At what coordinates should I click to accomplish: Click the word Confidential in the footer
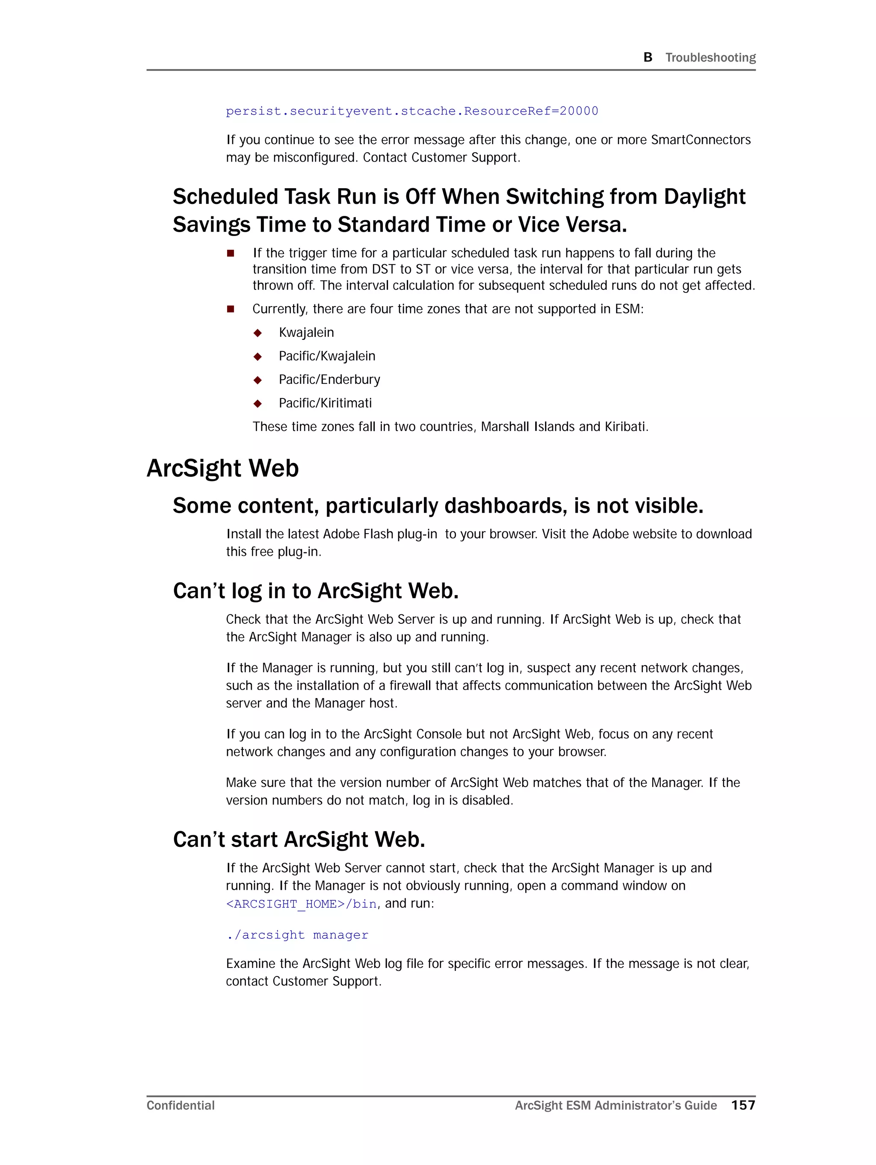coord(180,1106)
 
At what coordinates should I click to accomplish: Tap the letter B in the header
coord(648,57)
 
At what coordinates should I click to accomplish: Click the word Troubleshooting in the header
coord(710,57)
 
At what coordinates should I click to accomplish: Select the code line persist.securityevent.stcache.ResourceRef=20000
coord(411,111)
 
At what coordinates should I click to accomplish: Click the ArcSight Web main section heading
coord(222,468)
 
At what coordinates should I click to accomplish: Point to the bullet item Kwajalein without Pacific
coord(306,332)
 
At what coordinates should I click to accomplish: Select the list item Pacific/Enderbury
coord(329,379)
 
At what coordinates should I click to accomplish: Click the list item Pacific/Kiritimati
coord(325,403)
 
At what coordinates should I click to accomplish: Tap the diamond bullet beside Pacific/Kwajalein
coord(258,357)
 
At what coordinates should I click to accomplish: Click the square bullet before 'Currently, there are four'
coord(230,309)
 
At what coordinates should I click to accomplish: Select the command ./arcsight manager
coord(297,935)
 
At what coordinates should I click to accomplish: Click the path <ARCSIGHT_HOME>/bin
coord(301,904)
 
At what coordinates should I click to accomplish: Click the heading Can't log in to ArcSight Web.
coord(315,591)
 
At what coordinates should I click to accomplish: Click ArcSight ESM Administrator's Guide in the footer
coord(616,1106)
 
